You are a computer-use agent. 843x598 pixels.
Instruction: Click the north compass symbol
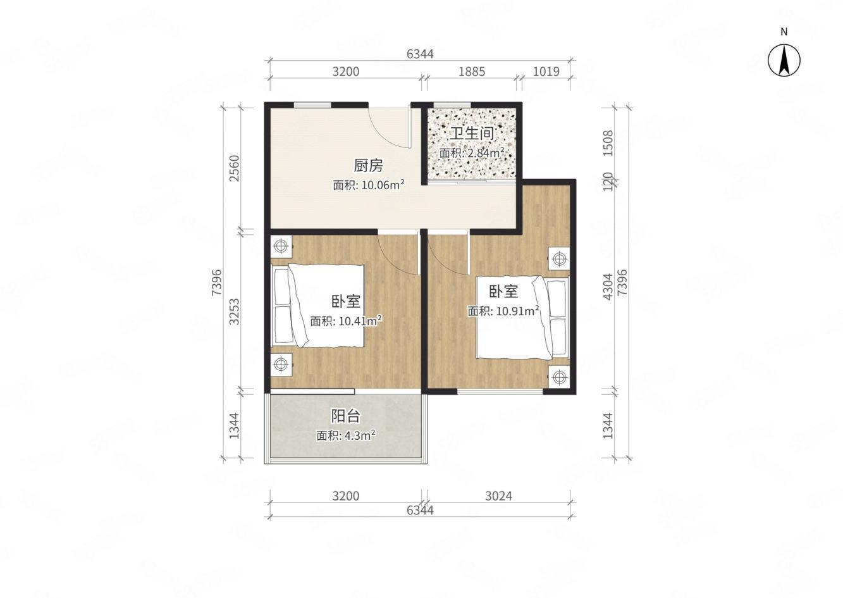tap(784, 61)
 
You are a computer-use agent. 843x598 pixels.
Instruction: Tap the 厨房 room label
tap(368, 166)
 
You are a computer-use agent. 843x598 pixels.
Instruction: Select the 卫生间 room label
tap(471, 134)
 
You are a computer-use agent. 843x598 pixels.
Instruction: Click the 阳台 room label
tap(346, 416)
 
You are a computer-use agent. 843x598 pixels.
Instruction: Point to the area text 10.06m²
tap(369, 185)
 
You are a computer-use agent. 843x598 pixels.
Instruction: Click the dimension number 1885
tap(471, 72)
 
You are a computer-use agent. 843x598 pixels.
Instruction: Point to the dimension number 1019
tap(546, 72)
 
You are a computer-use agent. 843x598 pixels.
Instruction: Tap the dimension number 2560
tap(235, 168)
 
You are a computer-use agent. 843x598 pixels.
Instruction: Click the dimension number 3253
tap(235, 311)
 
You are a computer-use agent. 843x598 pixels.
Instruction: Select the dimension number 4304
tap(607, 286)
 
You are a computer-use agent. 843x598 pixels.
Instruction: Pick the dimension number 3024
tap(498, 495)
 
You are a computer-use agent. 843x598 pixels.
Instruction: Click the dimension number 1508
tap(607, 143)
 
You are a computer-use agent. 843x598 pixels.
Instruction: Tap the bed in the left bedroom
tap(319, 306)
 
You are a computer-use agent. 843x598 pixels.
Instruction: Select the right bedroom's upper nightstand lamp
tap(558, 258)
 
